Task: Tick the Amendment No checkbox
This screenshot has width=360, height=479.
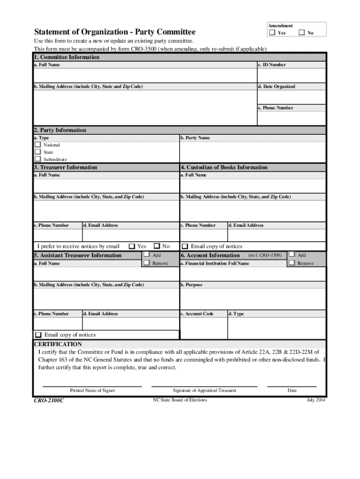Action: click(302, 33)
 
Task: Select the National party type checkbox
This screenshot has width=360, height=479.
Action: click(37, 145)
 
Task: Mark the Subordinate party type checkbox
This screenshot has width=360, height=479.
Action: click(37, 159)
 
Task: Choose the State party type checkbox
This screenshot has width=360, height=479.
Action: click(37, 152)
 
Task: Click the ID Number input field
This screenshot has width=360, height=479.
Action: click(291, 75)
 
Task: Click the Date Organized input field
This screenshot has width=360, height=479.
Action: click(291, 97)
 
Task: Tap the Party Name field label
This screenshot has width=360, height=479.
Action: click(195, 138)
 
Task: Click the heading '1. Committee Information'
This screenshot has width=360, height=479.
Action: click(66, 57)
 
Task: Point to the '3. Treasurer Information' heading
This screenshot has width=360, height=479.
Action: click(65, 167)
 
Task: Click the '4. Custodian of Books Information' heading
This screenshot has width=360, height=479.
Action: click(224, 167)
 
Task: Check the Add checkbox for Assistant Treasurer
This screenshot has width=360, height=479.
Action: click(146, 255)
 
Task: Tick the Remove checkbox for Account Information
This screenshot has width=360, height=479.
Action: click(292, 263)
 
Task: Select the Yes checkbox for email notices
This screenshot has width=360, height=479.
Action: click(132, 246)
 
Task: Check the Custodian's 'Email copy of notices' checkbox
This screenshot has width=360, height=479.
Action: click(185, 246)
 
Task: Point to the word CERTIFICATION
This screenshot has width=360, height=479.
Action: click(58, 344)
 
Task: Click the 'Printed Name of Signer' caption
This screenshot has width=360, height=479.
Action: click(93, 390)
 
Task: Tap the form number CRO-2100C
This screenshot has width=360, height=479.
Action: click(49, 401)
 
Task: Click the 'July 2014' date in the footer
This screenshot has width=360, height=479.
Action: click(316, 400)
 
